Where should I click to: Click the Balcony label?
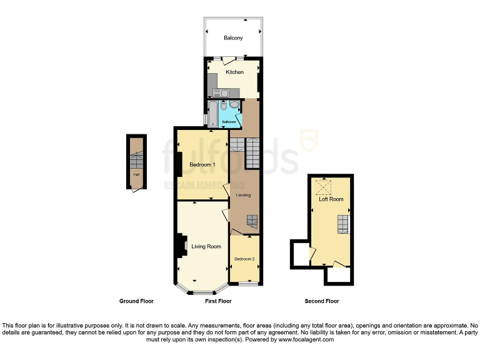pyautogui.click(x=233, y=38)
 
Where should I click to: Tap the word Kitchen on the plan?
pyautogui.click(x=235, y=72)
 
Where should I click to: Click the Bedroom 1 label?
pyautogui.click(x=202, y=165)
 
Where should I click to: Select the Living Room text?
pyautogui.click(x=206, y=246)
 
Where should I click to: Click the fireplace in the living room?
pyautogui.click(x=181, y=246)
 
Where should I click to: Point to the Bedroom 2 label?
pyautogui.click(x=244, y=259)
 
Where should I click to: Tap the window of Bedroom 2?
pyautogui.click(x=248, y=285)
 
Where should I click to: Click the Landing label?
pyautogui.click(x=243, y=195)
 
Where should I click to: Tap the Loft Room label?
pyautogui.click(x=331, y=199)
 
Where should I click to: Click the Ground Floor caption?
pyautogui.click(x=136, y=301)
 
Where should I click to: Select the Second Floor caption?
pyautogui.click(x=322, y=301)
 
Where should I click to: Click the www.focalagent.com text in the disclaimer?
pyautogui.click(x=306, y=340)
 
